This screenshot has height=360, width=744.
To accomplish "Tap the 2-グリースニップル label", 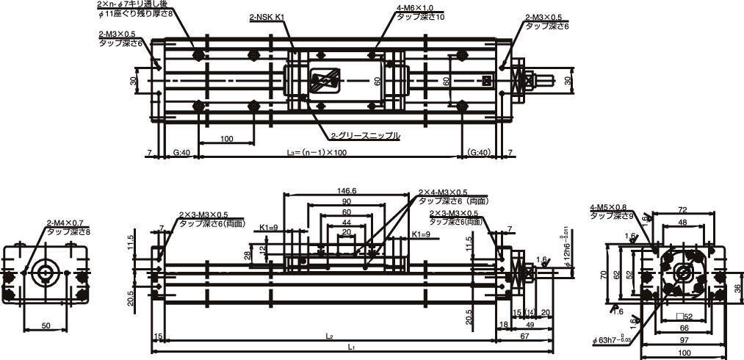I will pos(365,135).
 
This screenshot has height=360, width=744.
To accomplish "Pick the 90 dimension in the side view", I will pos(345,201).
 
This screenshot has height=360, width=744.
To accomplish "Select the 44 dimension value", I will pos(345,222).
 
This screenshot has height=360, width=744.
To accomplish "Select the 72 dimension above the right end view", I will pos(682,210).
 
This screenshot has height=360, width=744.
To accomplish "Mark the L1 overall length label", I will pos(353,347).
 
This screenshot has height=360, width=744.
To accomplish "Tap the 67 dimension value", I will pos(524,336).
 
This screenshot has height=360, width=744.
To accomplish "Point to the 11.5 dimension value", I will pos(130,242).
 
